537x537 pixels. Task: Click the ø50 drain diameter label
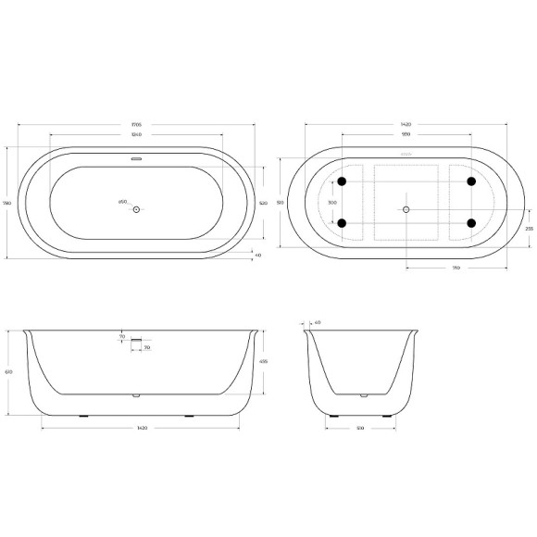coord(122,202)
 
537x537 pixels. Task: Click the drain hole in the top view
coord(136,210)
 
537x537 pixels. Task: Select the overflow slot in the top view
coord(136,158)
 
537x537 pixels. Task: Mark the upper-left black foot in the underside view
coord(342,181)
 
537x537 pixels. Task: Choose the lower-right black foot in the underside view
coord(471,222)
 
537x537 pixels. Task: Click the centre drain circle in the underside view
coord(406,210)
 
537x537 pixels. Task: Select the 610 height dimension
coord(8,370)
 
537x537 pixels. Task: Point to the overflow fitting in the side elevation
coord(136,343)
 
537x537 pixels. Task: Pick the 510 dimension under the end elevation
coord(362,429)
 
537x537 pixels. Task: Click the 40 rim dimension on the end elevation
coord(317,322)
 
